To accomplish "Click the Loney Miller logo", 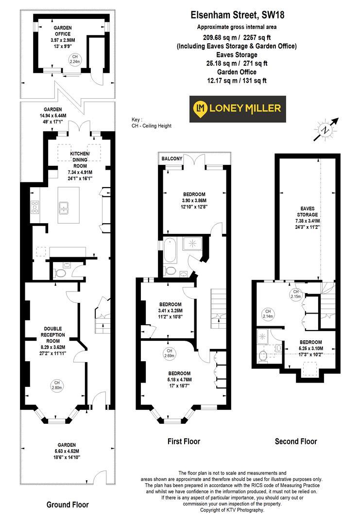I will [237, 109].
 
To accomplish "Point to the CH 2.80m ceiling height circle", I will [56, 385].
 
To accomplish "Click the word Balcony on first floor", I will [172, 158].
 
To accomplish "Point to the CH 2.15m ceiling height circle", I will [296, 294].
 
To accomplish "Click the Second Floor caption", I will [295, 441].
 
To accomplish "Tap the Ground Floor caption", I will [68, 505].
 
